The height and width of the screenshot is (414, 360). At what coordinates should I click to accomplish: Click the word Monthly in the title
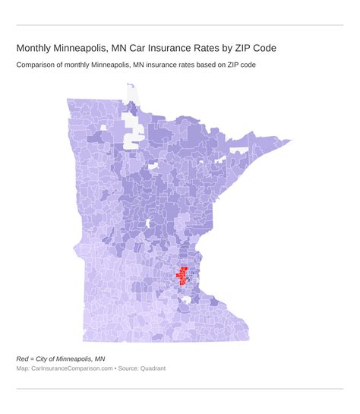click(36, 48)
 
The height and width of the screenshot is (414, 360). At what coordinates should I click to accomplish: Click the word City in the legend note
click(46, 358)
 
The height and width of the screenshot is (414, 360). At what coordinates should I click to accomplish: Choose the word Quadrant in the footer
click(151, 368)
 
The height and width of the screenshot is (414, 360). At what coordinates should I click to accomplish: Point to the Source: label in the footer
click(127, 368)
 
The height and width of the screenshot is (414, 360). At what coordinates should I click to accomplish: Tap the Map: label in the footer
click(24, 368)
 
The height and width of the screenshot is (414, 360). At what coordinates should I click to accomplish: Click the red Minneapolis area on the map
click(183, 275)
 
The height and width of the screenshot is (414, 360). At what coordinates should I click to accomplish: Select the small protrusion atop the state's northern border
click(130, 88)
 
